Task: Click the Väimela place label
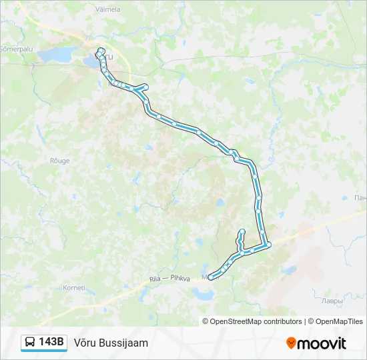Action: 108,10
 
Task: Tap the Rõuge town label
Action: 59,161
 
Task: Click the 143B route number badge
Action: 51,342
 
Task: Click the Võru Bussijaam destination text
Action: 111,343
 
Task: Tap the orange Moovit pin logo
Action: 291,343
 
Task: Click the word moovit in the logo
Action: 322,343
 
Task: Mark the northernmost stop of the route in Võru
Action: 101,50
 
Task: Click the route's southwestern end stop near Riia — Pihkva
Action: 212,277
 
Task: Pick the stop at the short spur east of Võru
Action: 145,86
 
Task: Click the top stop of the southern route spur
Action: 242,231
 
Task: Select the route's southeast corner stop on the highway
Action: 268,245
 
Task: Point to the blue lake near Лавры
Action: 288,271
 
